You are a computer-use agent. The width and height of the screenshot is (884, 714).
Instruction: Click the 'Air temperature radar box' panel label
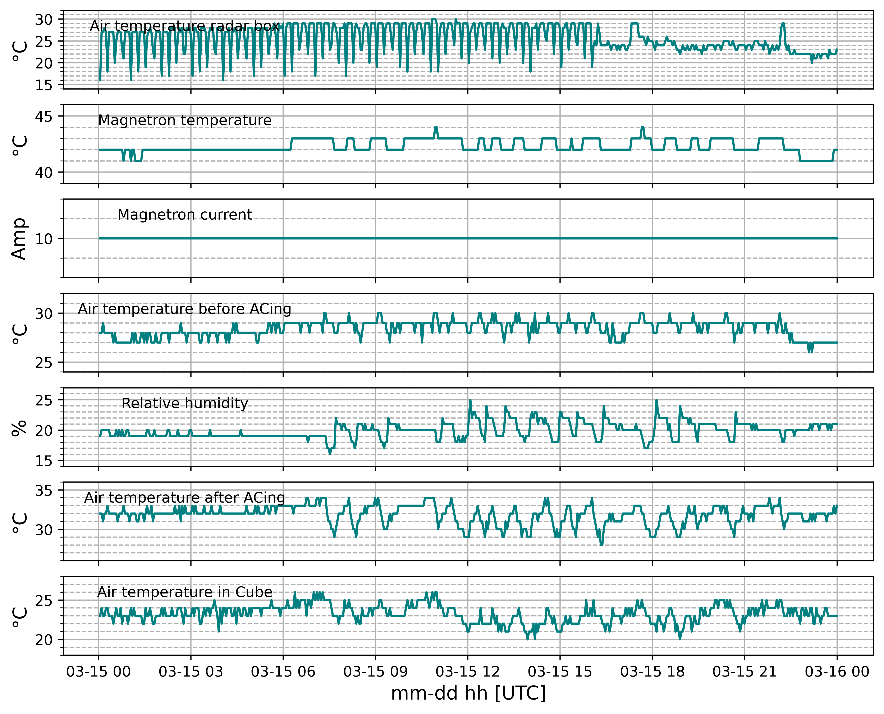coord(184,26)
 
